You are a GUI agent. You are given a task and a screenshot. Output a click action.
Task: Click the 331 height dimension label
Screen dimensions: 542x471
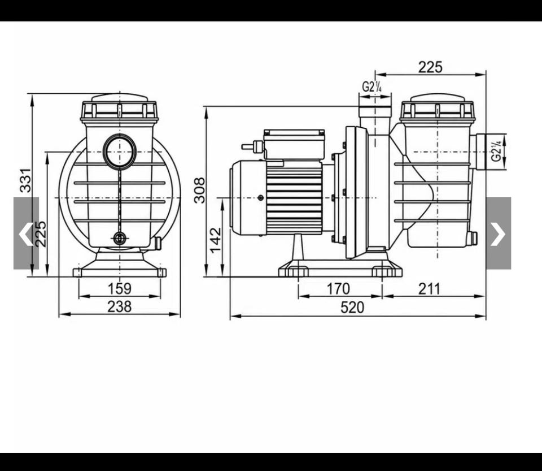coord(26,180)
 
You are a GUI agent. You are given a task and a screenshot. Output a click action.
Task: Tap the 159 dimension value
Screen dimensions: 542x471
coord(120,288)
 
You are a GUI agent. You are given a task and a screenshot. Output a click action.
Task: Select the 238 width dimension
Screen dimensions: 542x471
coord(120,306)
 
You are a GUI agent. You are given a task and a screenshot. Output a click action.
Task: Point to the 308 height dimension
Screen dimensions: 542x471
coord(199,191)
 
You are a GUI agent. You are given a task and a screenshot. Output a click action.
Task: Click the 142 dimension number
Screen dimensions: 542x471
coord(215,240)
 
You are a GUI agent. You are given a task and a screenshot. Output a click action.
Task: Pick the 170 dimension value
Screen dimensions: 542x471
coord(338,288)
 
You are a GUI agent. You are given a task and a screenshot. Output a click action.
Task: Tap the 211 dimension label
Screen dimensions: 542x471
coord(430,288)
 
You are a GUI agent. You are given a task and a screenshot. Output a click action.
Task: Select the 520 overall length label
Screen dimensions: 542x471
coord(352,308)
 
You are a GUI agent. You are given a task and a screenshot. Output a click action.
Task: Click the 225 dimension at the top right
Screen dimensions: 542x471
coord(430,67)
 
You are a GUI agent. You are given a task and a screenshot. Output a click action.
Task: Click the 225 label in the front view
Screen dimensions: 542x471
coord(41,234)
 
